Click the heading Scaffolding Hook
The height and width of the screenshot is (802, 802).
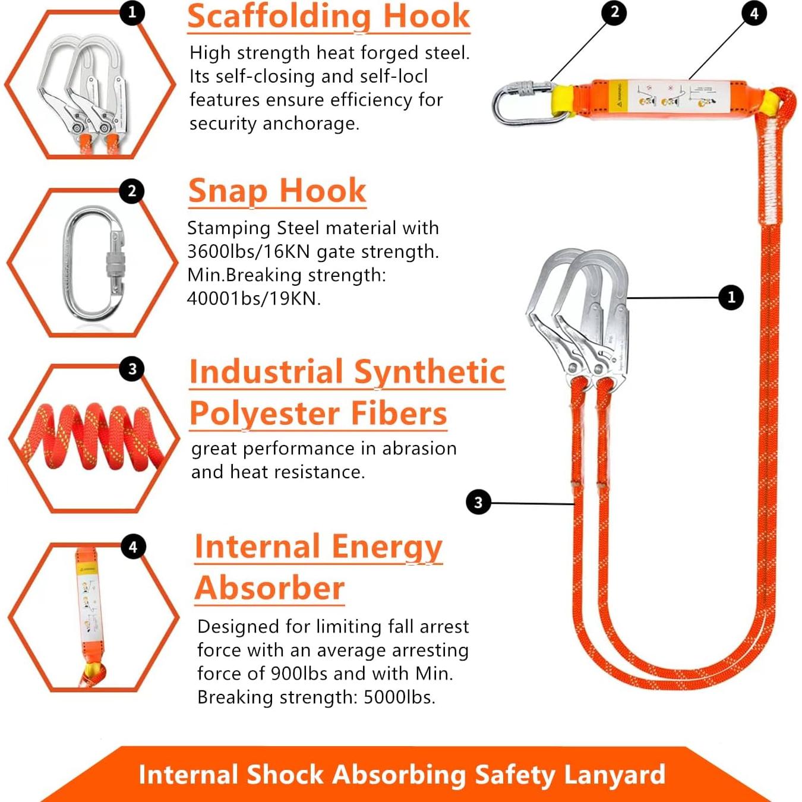pos(328,17)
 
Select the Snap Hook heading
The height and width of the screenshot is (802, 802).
pos(277,191)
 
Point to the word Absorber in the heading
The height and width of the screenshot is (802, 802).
pos(270,588)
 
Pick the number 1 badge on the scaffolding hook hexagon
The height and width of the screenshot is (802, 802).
pos(132,12)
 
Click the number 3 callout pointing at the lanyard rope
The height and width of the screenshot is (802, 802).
pos(478,503)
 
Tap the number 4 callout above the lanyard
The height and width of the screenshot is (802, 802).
pos(754,13)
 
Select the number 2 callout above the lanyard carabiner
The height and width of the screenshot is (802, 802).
pos(614,12)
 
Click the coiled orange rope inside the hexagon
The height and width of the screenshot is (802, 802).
pos(92,437)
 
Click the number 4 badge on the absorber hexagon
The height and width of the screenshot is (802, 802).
pos(132,547)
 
